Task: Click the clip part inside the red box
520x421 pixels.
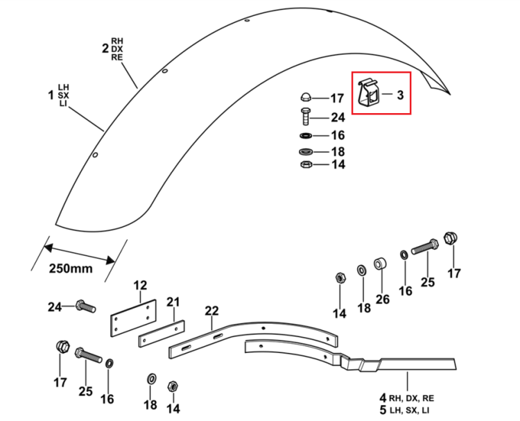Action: pyautogui.click(x=368, y=93)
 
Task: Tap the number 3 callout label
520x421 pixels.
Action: pyautogui.click(x=400, y=95)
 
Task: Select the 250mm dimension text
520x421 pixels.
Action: pyautogui.click(x=71, y=268)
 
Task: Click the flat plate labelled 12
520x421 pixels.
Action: pyautogui.click(x=133, y=318)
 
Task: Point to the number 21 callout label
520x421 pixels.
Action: pyautogui.click(x=173, y=302)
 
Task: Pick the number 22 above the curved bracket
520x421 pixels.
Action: pyautogui.click(x=212, y=311)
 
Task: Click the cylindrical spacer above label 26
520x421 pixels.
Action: pyautogui.click(x=381, y=264)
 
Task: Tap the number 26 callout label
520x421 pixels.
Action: pyautogui.click(x=382, y=299)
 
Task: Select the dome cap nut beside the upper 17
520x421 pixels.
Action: pyautogui.click(x=306, y=97)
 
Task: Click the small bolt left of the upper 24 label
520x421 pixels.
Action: pyautogui.click(x=306, y=117)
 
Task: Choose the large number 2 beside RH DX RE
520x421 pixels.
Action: pyautogui.click(x=105, y=49)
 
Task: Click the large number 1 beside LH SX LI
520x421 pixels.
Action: pyautogui.click(x=51, y=96)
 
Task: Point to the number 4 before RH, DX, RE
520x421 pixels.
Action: pyautogui.click(x=383, y=397)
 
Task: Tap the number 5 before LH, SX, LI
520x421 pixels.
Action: pyautogui.click(x=383, y=410)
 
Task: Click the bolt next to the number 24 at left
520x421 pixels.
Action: pyautogui.click(x=86, y=306)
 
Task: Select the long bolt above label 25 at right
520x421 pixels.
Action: pyautogui.click(x=425, y=246)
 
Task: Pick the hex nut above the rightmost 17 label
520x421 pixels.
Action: pyautogui.click(x=451, y=238)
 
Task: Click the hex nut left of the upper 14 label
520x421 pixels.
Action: pyautogui.click(x=306, y=164)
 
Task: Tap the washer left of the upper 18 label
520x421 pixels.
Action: pyautogui.click(x=306, y=152)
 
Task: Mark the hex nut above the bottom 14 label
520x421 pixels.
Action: pyautogui.click(x=173, y=386)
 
